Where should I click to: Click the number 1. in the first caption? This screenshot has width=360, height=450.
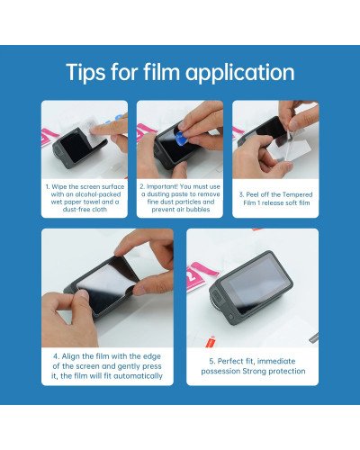click(x=49, y=186)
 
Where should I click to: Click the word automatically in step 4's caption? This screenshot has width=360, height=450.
click(x=133, y=375)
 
